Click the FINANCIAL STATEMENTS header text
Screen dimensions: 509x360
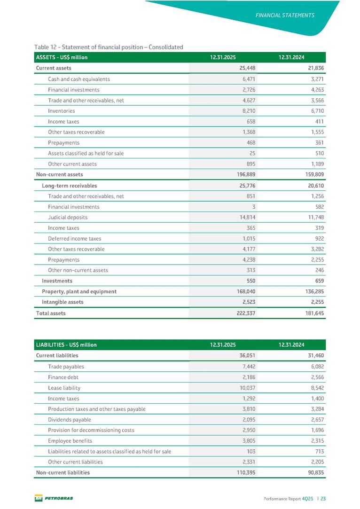tap(285, 15)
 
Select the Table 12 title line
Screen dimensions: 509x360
tap(109, 47)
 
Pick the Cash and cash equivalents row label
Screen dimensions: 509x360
tap(79, 79)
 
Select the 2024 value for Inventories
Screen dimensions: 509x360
tap(315, 111)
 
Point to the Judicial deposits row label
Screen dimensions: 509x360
tap(68, 217)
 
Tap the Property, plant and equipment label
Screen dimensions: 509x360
tap(79, 291)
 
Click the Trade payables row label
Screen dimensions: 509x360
tap(66, 366)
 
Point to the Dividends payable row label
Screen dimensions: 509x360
tap(70, 420)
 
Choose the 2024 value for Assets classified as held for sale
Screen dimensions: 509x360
tap(318, 153)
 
